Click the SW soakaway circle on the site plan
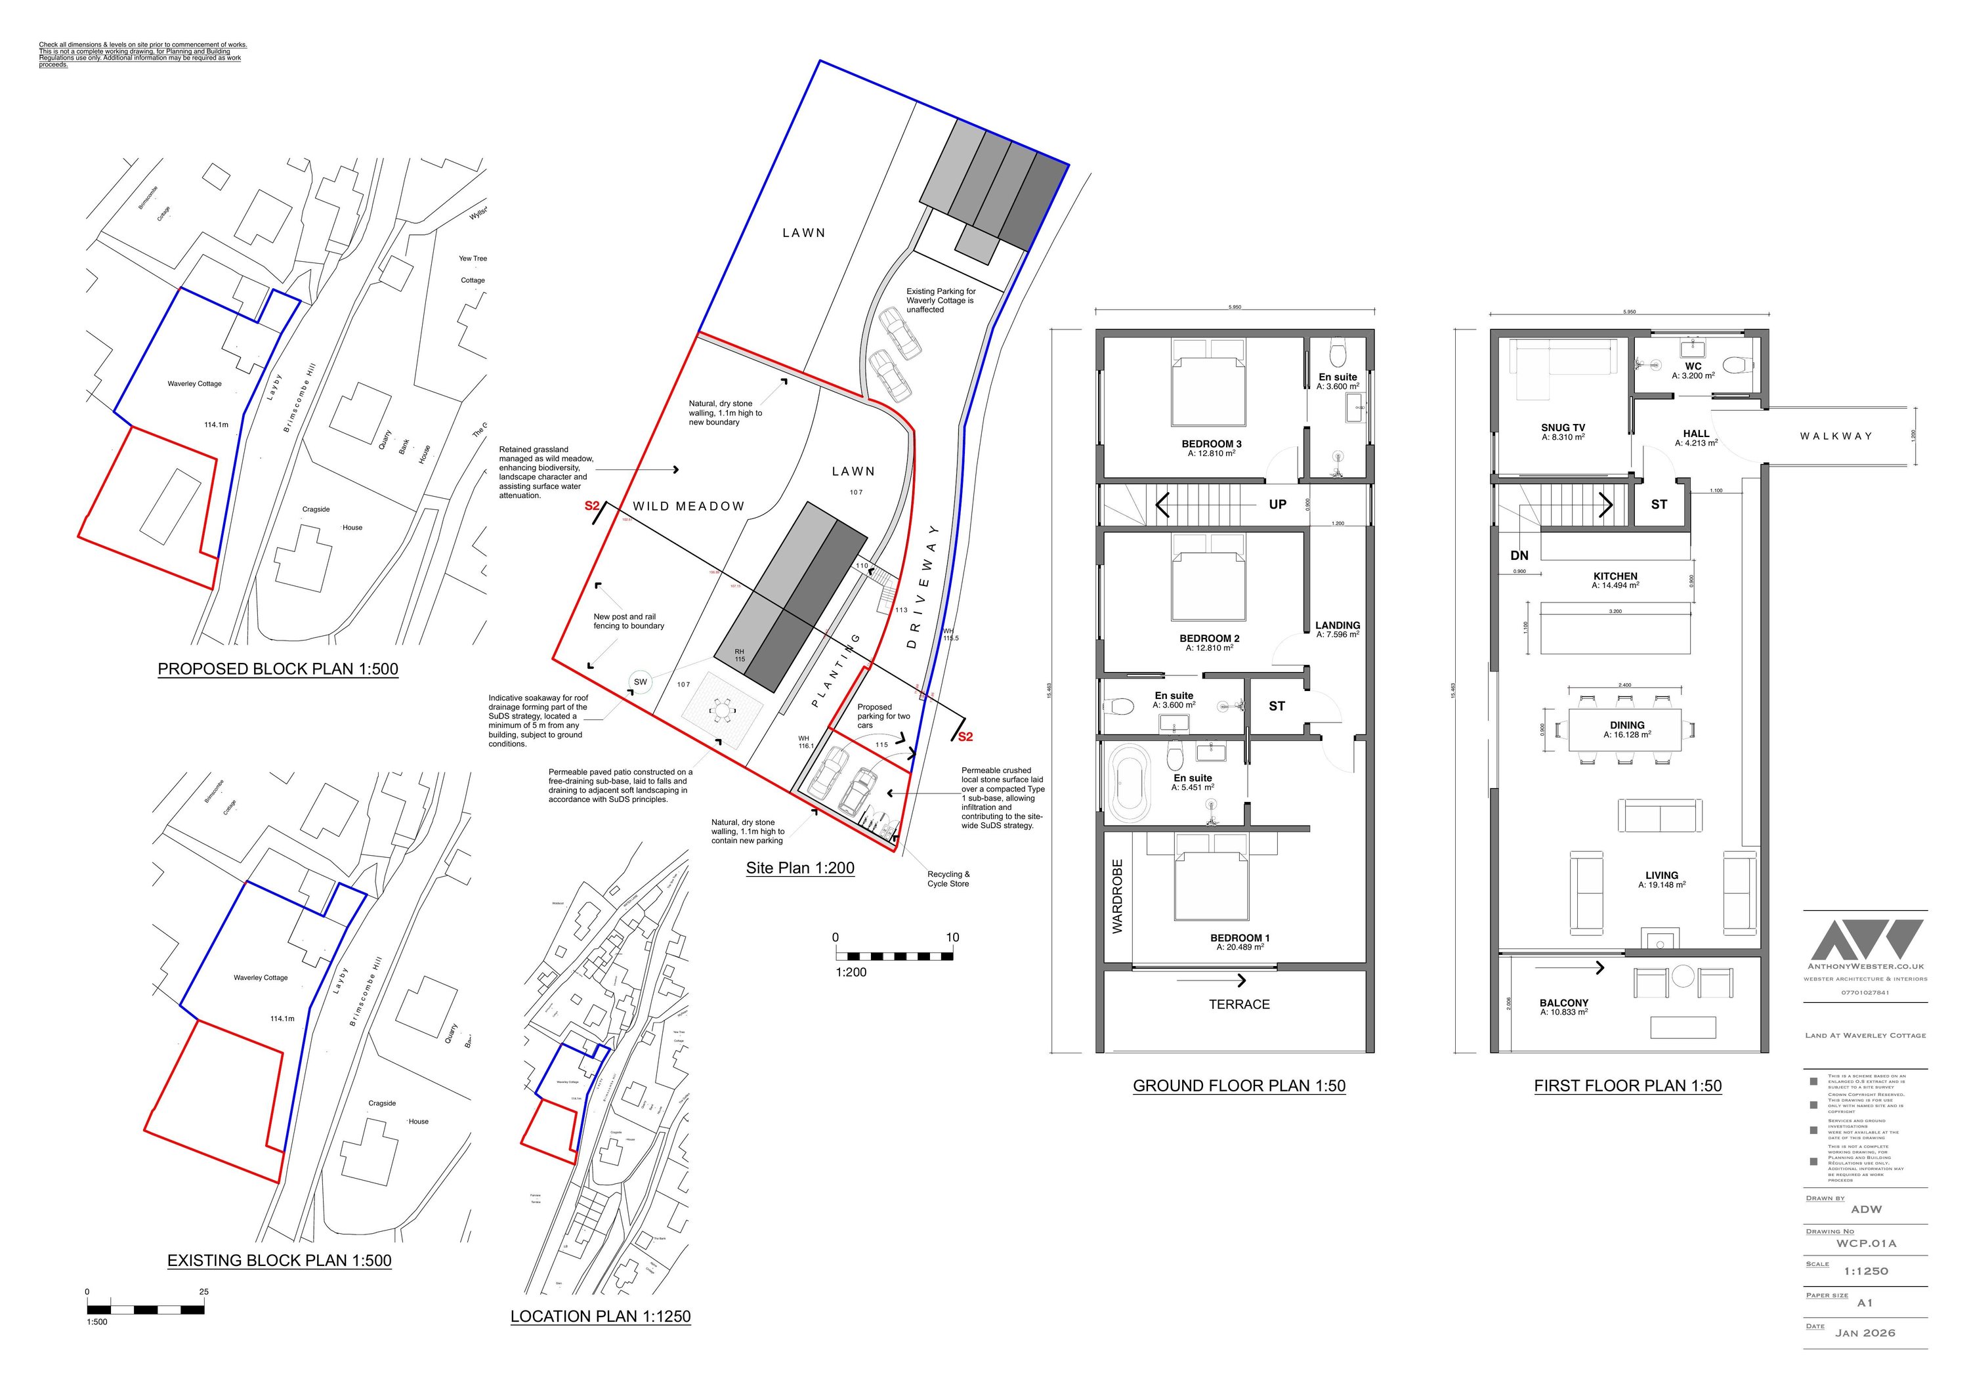pos(640,683)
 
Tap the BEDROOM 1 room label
pos(1239,938)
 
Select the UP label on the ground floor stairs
pos(1277,504)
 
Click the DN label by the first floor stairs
pos(1519,556)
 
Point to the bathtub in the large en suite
pos(1129,785)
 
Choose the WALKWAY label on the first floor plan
pos(1835,436)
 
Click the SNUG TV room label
pos(1563,428)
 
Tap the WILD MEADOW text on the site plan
pos(688,507)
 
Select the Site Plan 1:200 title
pos(799,868)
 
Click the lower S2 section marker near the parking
pos(965,736)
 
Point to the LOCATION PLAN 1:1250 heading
pos(601,1316)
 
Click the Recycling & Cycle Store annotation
pos(948,879)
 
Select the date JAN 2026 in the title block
pos(1865,1334)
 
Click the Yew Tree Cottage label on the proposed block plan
pos(473,269)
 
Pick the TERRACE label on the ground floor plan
pos(1239,1004)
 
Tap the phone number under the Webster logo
pos(1865,993)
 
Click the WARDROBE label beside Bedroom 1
pos(1118,896)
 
